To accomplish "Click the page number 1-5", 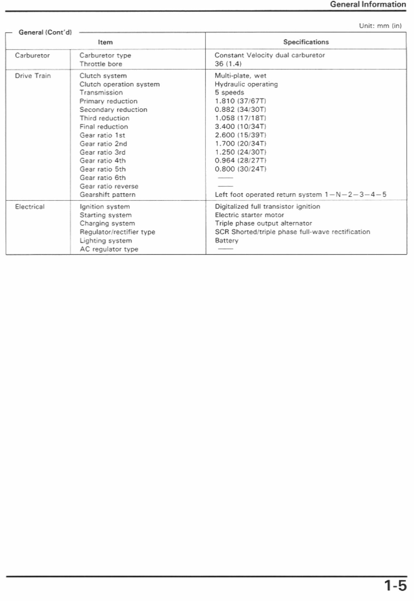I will coord(396,586).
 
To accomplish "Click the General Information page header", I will coord(368,4).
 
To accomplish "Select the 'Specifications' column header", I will coord(306,42).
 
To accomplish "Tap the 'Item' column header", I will coord(105,42).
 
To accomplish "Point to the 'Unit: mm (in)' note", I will coord(380,26).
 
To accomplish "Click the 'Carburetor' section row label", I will coord(32,55).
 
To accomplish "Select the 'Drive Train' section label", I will coord(33,76).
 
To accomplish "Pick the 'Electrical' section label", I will coord(30,207).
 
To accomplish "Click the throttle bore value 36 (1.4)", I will coord(228,64).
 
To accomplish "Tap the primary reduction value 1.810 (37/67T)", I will coord(241,101).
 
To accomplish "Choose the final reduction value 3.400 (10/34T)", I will coord(241,126).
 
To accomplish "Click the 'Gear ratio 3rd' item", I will coord(103,152).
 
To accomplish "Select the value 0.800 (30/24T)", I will coord(241,169).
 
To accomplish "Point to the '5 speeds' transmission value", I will coord(229,92).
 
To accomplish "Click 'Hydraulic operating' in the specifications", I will coord(246,84).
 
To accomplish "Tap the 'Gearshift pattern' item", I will coord(107,195).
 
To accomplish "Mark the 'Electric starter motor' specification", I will coord(249,215).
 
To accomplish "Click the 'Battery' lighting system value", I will coord(227,241).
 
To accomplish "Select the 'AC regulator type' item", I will coord(109,249).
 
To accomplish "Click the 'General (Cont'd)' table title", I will coord(45,32).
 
